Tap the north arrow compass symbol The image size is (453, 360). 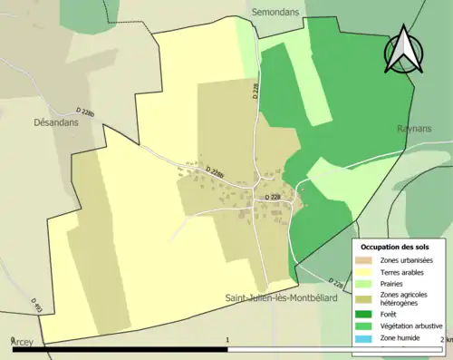click(403, 50)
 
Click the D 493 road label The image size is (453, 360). click(37, 306)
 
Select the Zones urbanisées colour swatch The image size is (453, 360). click(365, 260)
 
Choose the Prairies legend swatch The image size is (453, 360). click(365, 283)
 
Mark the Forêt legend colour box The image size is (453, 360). click(365, 315)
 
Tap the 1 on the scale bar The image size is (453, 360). click(226, 338)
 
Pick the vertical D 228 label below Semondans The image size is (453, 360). click(255, 89)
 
